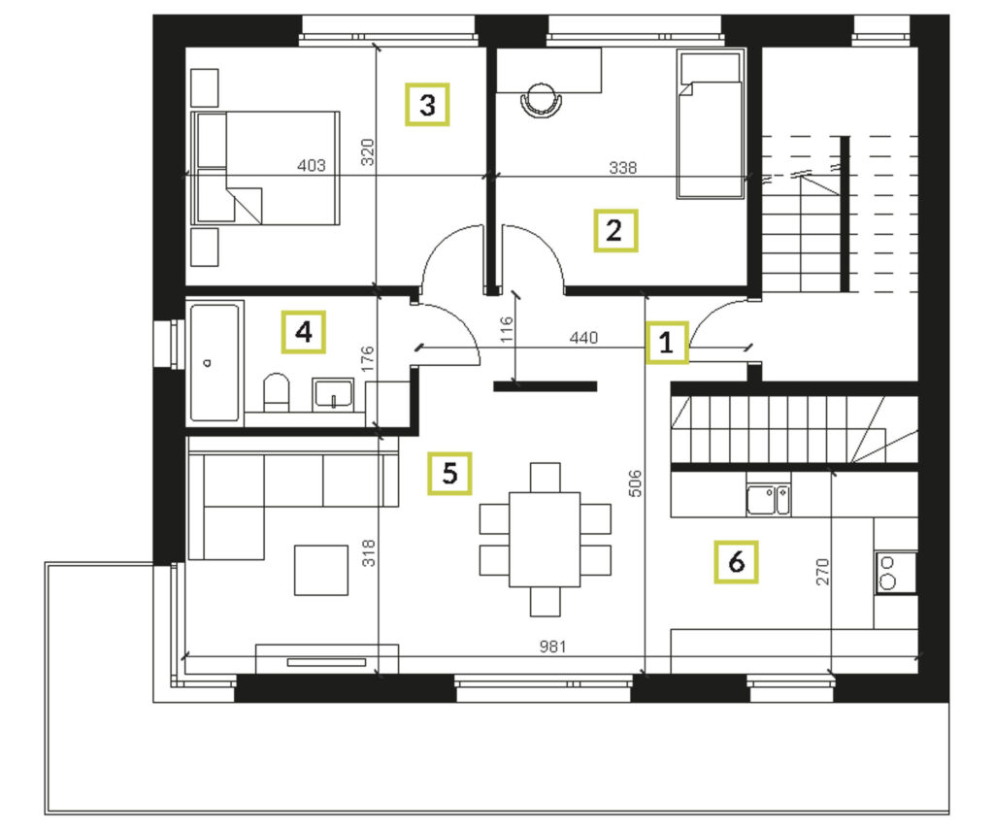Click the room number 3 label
tap(427, 105)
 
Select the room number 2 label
tap(614, 231)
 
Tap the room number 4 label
tap(304, 332)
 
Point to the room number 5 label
tap(449, 473)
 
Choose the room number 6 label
tap(736, 562)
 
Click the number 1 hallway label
tap(666, 343)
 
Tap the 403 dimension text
tap(312, 165)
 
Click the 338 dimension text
tap(622, 167)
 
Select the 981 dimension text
tap(552, 647)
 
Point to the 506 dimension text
tap(635, 483)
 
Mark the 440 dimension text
tap(583, 337)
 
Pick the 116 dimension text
tap(506, 330)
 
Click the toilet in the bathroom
tap(276, 392)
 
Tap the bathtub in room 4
tap(215, 362)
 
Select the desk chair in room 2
tap(542, 100)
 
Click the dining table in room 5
tap(545, 540)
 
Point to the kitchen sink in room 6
tap(769, 500)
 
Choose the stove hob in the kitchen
tap(895, 573)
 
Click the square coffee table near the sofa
tap(320, 570)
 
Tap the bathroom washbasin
tap(333, 394)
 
